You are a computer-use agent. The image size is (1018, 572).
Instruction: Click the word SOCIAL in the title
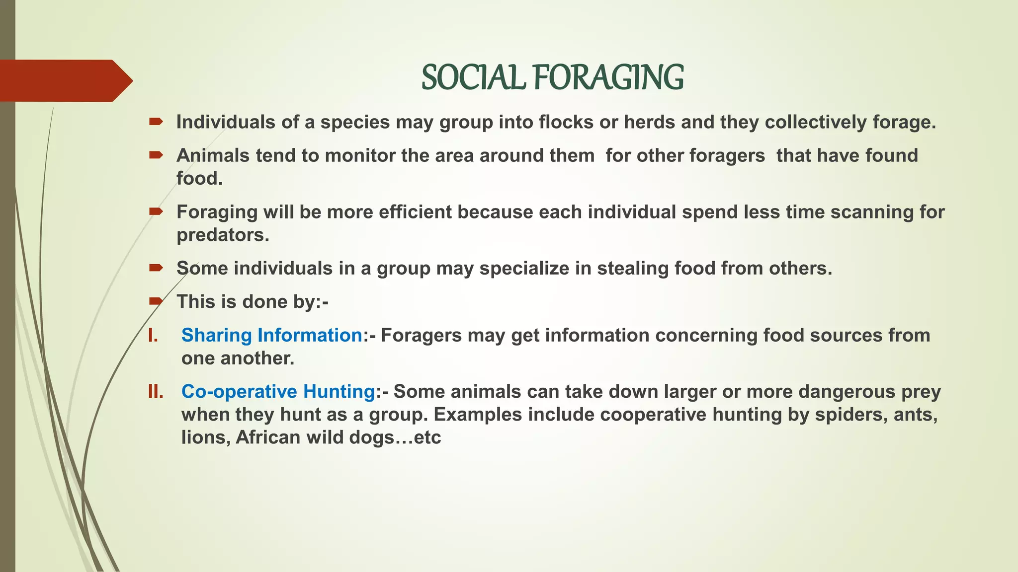click(473, 78)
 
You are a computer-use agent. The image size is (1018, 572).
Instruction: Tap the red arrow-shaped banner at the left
click(65, 80)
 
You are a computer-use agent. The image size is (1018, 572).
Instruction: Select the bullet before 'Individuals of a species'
click(156, 122)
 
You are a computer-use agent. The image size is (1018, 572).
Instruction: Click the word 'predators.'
click(223, 235)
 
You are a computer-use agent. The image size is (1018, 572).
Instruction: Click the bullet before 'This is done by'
click(156, 301)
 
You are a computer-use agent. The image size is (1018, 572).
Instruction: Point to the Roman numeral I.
click(153, 336)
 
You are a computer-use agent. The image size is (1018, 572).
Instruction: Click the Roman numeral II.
click(156, 392)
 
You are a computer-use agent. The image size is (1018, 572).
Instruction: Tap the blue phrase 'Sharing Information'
click(272, 336)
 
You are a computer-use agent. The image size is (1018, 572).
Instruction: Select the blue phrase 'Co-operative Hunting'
click(278, 392)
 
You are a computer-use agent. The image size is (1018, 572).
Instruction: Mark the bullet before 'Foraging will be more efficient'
click(156, 212)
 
